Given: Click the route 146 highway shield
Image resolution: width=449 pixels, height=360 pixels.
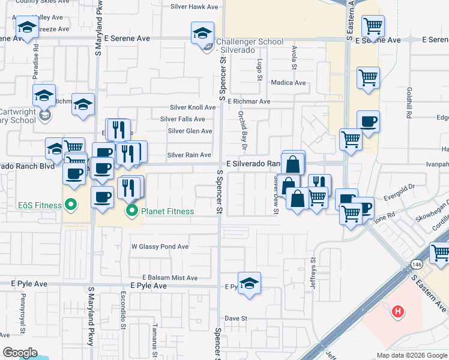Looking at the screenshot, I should [x=417, y=265].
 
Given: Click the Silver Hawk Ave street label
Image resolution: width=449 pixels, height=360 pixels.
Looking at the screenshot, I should [x=194, y=7].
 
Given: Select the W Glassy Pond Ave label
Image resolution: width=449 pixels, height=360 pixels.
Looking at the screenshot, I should [x=160, y=247].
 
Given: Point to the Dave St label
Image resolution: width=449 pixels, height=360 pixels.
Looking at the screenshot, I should [x=237, y=318].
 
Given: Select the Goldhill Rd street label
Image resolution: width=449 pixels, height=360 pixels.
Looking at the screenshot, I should [x=408, y=103].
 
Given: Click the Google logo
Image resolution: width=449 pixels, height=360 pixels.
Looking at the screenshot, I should [x=20, y=353].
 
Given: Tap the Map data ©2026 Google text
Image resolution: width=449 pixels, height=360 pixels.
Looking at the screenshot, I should [x=411, y=355].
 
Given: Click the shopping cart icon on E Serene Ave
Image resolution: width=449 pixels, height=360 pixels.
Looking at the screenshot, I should [x=373, y=25].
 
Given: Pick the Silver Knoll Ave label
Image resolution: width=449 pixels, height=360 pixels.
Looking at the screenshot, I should [x=192, y=107].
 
